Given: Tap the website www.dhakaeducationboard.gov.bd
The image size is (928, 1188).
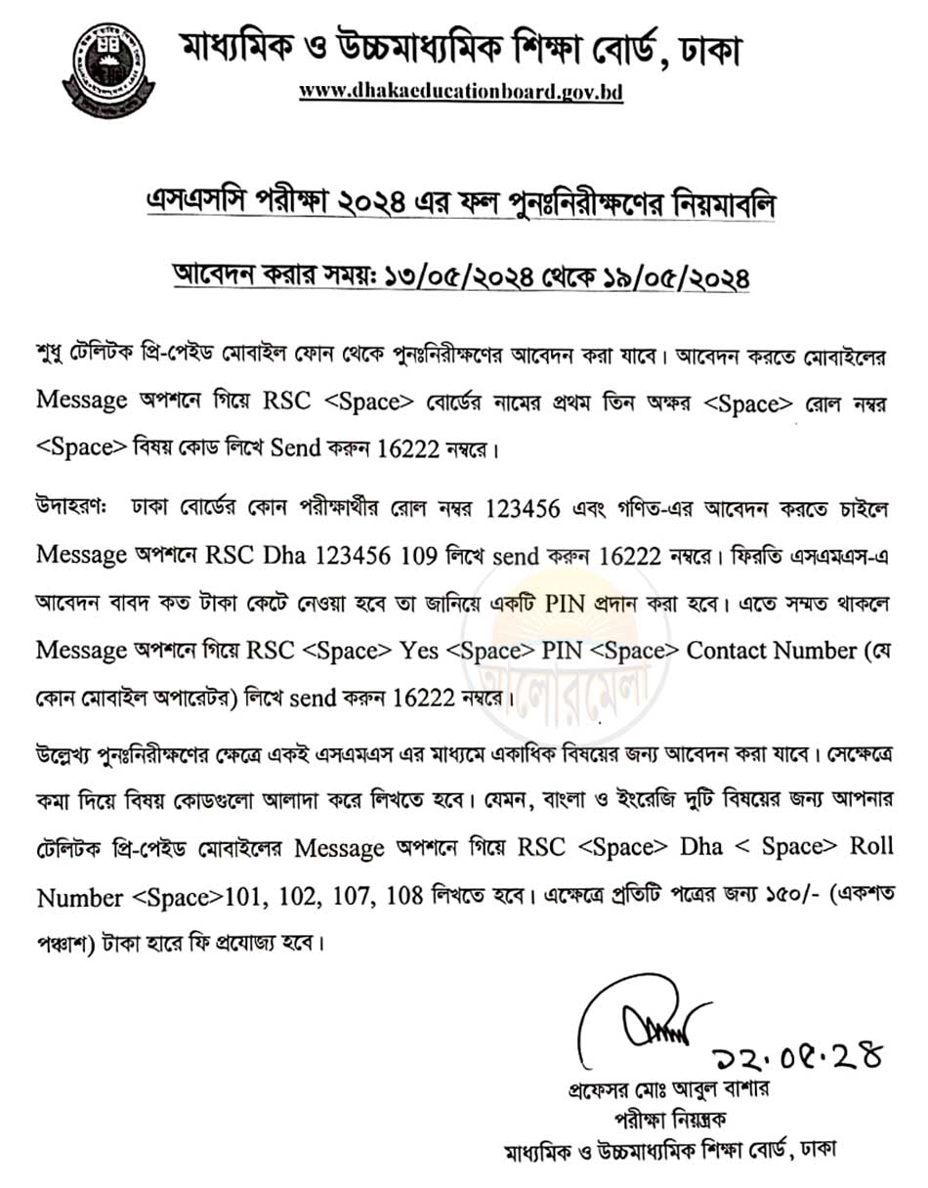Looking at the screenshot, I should [461, 92].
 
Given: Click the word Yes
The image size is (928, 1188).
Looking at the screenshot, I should [421, 649].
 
